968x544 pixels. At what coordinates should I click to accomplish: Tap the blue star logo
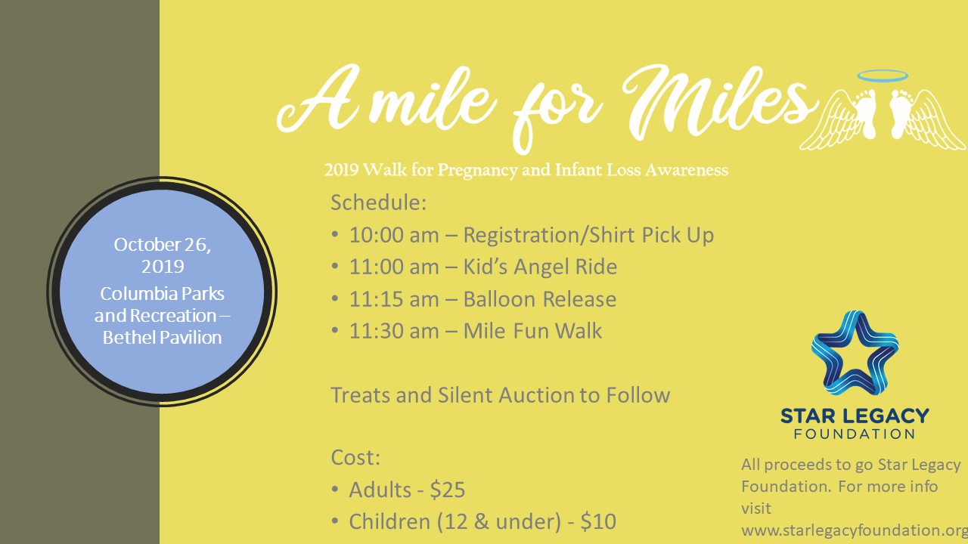[855, 352]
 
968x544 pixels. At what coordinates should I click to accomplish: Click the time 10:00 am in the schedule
[394, 235]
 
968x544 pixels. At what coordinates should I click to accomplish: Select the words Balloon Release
[540, 299]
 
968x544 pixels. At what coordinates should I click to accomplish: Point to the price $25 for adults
[447, 490]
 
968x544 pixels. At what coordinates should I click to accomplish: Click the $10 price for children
[598, 521]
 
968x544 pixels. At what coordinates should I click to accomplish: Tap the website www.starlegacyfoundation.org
[855, 530]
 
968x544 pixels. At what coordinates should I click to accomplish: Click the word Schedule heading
[379, 202]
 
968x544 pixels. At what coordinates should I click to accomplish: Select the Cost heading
[355, 458]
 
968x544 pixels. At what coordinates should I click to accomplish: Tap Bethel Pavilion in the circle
[162, 338]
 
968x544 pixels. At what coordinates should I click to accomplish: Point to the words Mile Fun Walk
[532, 331]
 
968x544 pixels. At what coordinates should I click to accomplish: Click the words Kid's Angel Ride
[540, 267]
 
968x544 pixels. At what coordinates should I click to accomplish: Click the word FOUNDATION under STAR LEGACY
[855, 434]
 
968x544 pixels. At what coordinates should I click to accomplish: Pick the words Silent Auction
[506, 395]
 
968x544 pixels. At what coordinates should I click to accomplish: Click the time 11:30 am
[394, 331]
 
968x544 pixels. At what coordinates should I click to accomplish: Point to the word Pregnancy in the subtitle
[477, 171]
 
